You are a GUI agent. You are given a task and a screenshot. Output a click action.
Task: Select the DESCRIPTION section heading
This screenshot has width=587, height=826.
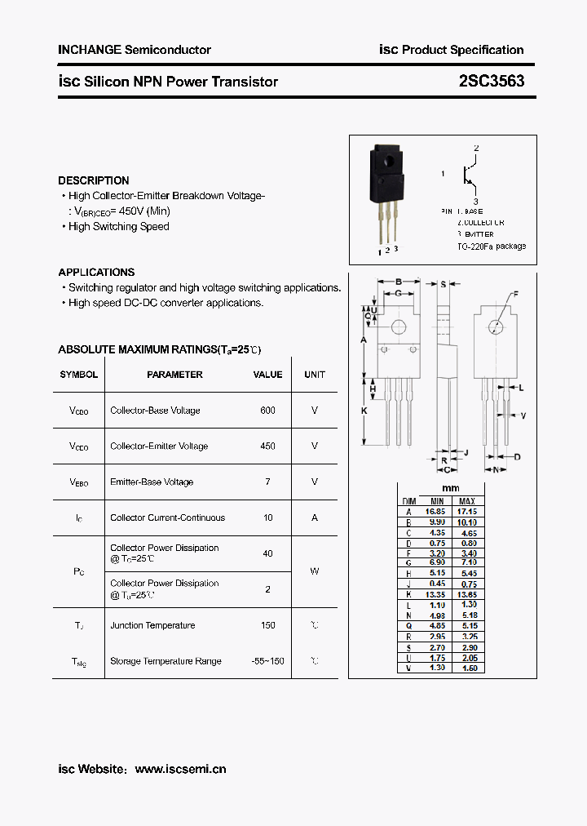point(94,180)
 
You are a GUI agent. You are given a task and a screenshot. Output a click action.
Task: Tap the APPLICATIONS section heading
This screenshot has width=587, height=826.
point(96,272)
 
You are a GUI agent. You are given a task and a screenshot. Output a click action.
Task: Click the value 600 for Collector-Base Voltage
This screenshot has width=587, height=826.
point(267,411)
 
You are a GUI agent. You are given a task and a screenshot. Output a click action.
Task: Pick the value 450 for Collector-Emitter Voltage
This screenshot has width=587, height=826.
point(267,446)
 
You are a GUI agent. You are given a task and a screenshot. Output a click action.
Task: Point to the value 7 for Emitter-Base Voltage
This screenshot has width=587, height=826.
point(267,482)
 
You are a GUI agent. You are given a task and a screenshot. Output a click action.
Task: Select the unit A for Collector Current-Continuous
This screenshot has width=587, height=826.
point(315,517)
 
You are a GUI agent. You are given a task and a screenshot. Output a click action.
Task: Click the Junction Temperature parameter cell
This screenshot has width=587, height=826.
point(152,625)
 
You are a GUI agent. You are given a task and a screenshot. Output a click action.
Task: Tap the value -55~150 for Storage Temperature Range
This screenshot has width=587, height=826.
point(267,660)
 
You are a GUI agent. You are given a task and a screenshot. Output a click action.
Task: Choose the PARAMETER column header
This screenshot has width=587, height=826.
point(174,375)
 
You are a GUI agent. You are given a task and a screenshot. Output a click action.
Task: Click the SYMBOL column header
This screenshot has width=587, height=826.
point(79,375)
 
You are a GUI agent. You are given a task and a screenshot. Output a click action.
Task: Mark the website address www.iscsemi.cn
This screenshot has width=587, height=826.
point(180,769)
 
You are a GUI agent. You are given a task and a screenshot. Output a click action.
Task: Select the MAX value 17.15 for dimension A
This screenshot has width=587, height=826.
point(467,511)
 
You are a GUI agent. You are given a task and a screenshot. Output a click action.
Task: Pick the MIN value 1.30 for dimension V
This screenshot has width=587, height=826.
point(437,668)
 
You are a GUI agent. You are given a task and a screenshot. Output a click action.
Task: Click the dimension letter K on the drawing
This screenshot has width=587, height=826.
point(364,411)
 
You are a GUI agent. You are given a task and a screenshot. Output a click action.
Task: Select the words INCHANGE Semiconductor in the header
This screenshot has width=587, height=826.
point(135,50)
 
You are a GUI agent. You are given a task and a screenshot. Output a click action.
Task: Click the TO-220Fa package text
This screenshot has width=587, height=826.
point(491,246)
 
